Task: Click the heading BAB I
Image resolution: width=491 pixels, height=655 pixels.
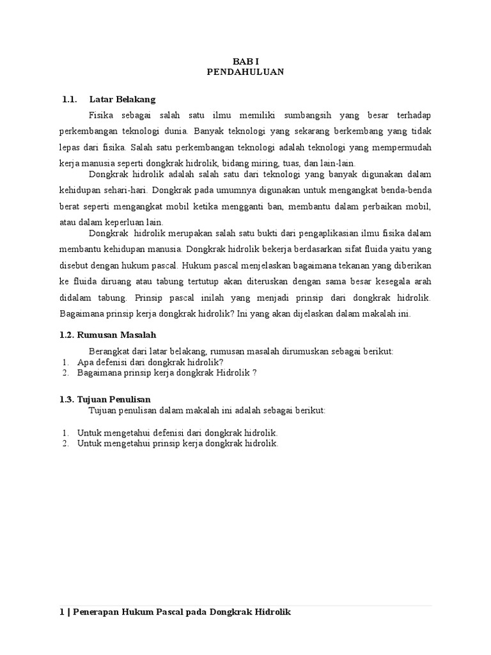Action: coord(245,60)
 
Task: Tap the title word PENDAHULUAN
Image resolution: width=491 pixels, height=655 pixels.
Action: coord(245,72)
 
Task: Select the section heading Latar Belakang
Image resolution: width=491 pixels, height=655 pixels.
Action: coord(122,99)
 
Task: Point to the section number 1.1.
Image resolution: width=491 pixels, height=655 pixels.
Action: coord(69,99)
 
